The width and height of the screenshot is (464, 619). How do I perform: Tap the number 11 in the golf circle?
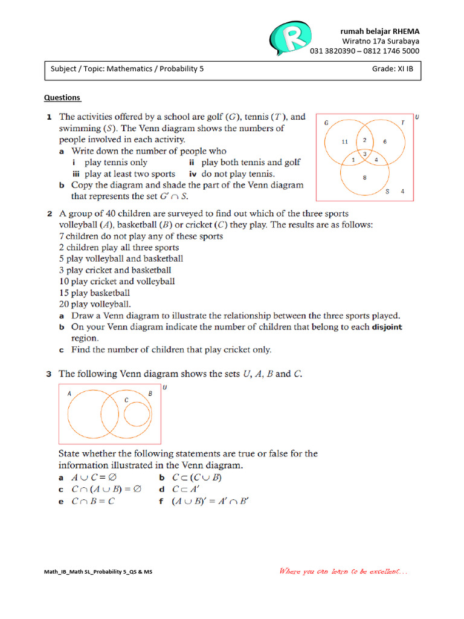coord(345,142)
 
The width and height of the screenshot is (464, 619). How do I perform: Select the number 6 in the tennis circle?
coord(385,142)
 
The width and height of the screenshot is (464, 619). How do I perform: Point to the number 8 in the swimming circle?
coord(364,177)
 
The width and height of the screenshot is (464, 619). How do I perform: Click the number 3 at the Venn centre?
coord(364,154)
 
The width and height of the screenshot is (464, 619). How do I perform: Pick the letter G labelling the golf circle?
coord(326,122)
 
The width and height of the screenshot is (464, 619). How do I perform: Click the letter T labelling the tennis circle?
coord(402,122)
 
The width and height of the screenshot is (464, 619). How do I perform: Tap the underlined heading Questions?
coord(62,97)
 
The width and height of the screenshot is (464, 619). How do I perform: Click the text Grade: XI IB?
coord(393,69)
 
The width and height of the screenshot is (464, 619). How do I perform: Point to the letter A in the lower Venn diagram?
coord(69,393)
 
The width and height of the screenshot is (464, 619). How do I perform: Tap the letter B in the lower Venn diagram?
coord(150,394)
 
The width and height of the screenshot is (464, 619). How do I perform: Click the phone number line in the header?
coord(364,51)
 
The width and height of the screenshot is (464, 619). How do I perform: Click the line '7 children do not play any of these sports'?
coord(141,236)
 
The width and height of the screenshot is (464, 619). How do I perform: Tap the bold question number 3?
coord(49,374)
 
